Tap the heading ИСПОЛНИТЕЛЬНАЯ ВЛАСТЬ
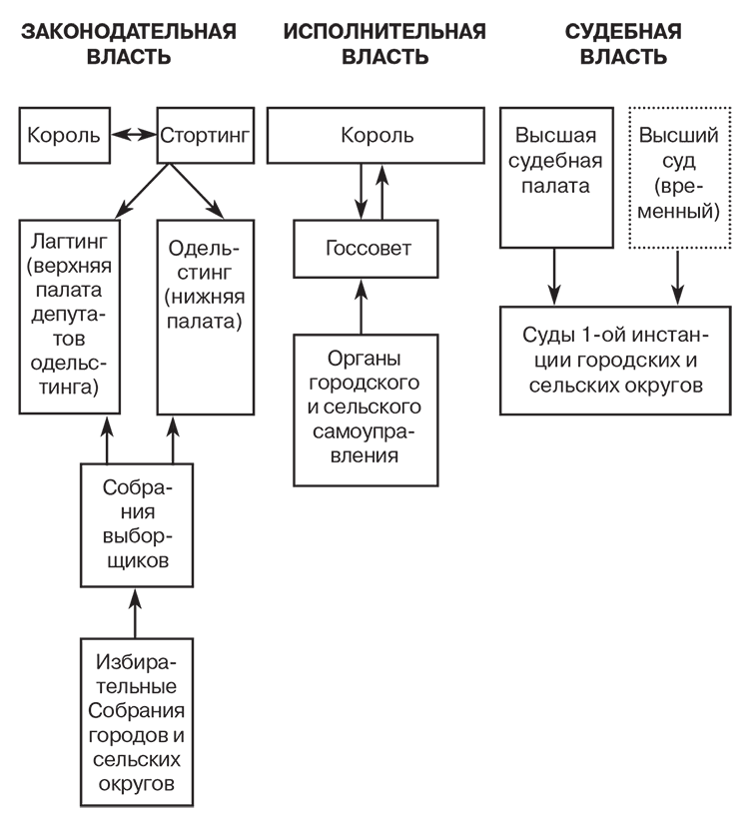click(x=384, y=44)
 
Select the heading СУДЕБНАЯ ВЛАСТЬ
click(x=622, y=44)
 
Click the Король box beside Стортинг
click(x=64, y=134)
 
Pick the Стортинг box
click(x=204, y=134)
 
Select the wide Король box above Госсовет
click(x=371, y=134)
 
